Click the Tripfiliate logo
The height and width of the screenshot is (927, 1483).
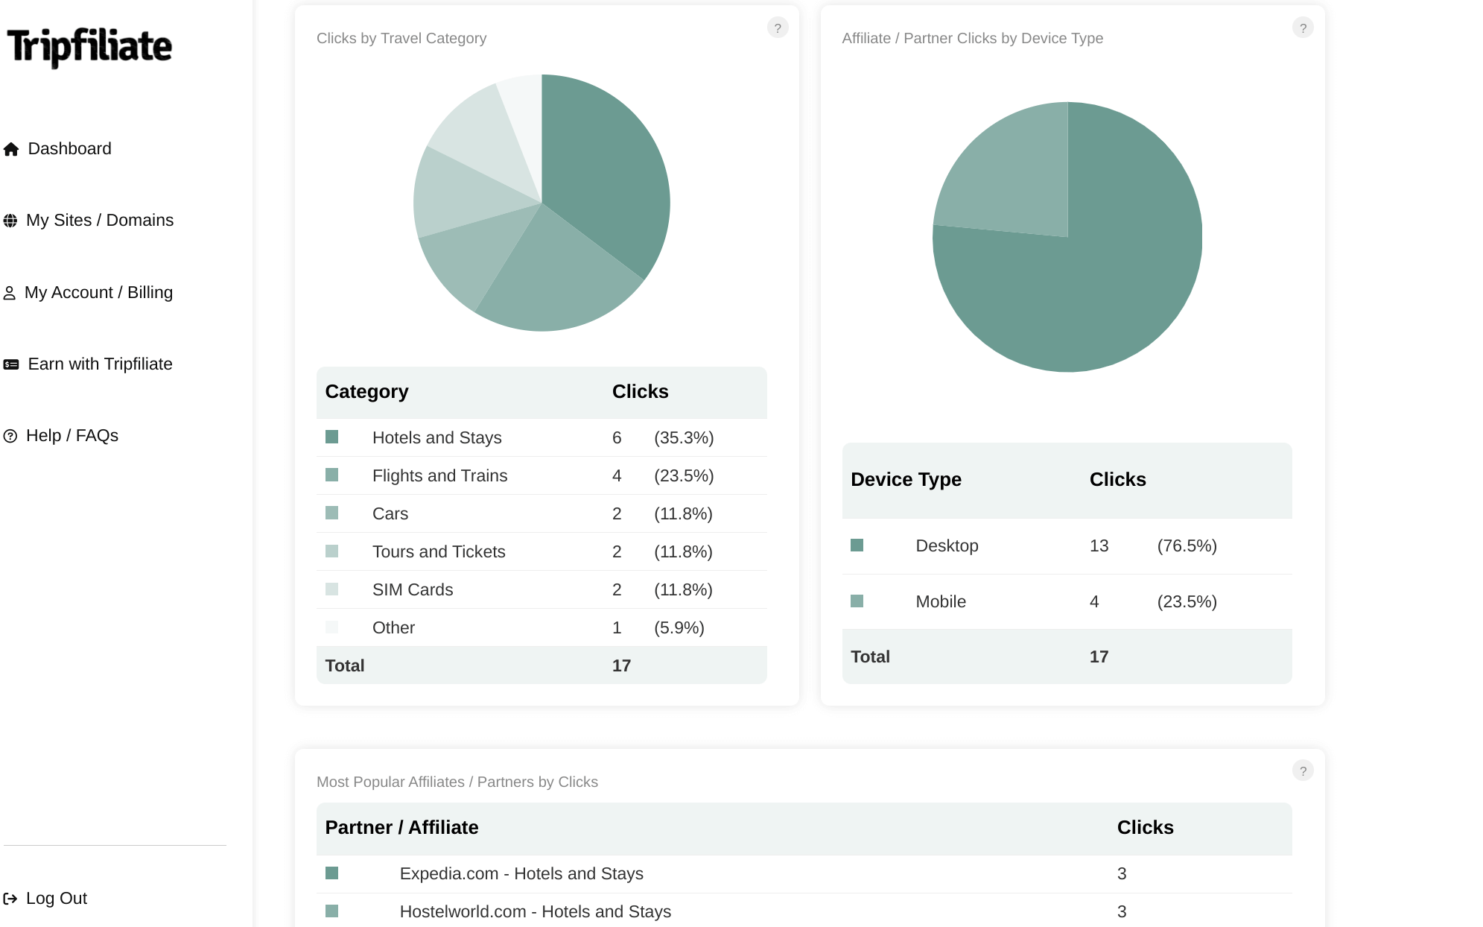point(89,46)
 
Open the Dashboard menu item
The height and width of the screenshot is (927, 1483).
point(69,149)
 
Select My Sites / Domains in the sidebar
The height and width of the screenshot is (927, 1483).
point(99,221)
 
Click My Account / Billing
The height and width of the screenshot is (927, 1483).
point(98,293)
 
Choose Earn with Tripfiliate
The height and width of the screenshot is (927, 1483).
point(100,364)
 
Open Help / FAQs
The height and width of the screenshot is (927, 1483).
point(72,436)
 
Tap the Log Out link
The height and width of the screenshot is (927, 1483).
point(56,899)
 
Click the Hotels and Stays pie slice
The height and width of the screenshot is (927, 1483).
point(603,171)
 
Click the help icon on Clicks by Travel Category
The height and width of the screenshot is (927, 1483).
point(778,28)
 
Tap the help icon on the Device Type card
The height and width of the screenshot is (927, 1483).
point(1303,28)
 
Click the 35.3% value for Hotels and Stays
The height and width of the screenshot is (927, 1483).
point(684,438)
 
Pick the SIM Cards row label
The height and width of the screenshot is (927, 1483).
point(413,590)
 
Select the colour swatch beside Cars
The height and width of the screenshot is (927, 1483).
point(332,513)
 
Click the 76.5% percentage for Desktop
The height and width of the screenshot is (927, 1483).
point(1187,546)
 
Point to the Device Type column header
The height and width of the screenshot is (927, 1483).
point(906,480)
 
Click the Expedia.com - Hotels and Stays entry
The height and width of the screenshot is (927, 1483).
point(521,874)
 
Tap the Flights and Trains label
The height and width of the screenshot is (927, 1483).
point(439,476)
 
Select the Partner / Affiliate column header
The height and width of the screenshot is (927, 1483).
point(401,828)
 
